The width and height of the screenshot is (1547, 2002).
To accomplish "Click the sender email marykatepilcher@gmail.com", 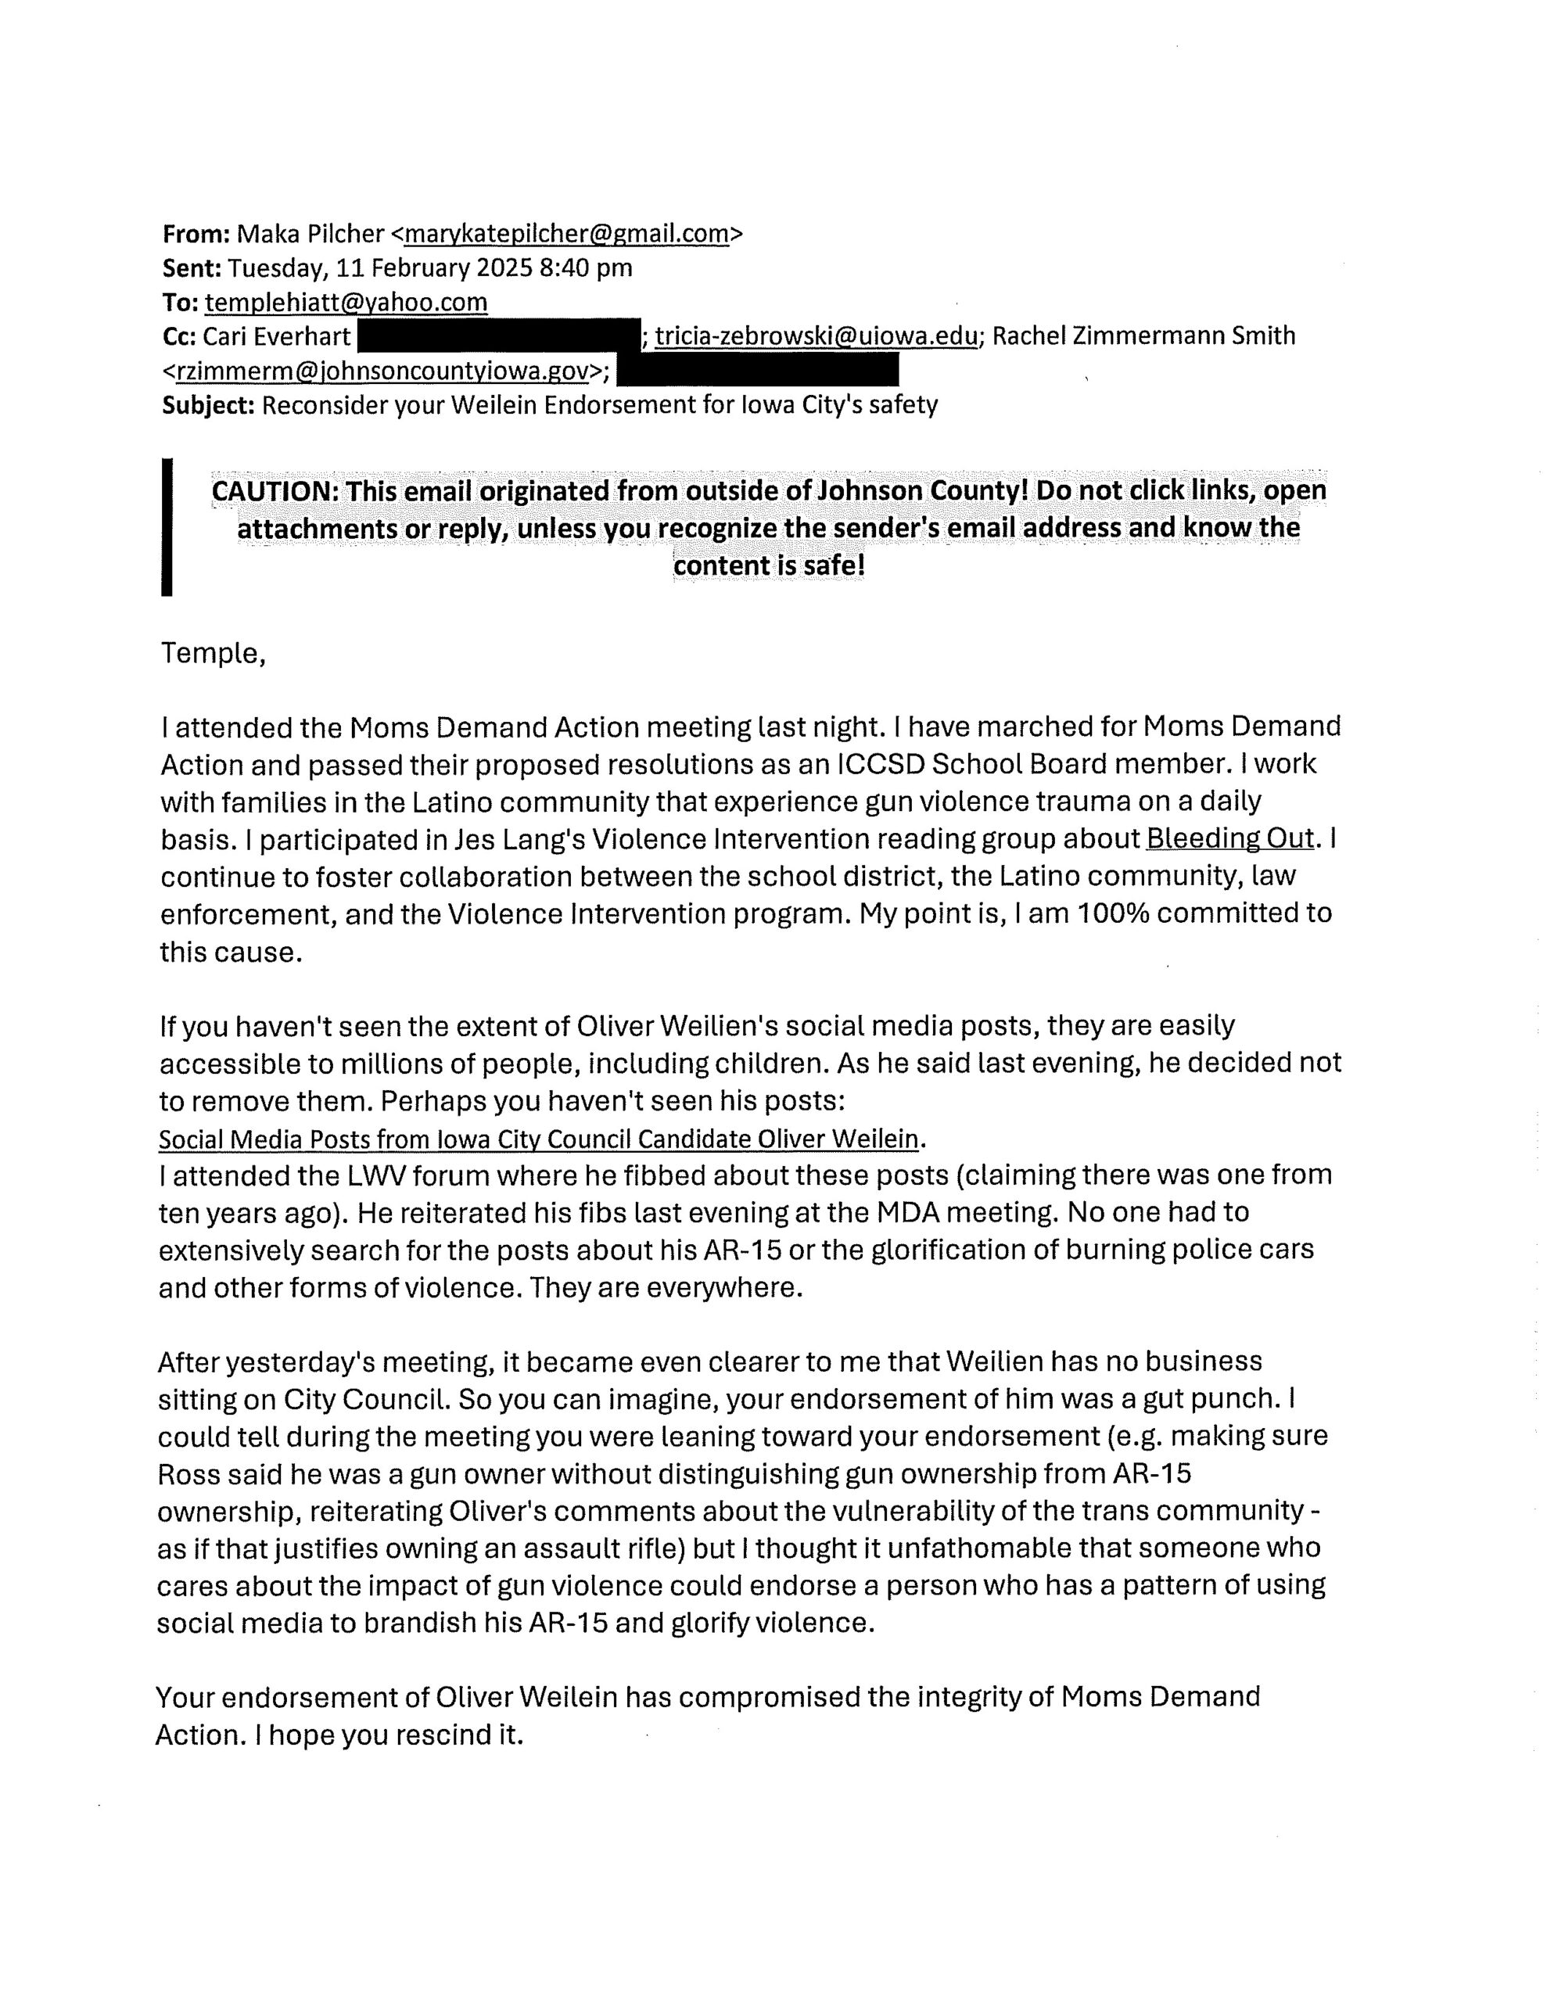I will tap(565, 234).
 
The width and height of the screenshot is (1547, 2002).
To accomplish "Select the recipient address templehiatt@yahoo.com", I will tap(346, 302).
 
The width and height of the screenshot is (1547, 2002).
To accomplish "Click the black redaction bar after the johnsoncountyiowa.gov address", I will tap(756, 371).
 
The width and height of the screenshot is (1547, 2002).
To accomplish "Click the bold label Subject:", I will tap(208, 405).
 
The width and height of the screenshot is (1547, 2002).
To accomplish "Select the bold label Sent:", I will tap(192, 267).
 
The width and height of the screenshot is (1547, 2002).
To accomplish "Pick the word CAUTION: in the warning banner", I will tap(275, 490).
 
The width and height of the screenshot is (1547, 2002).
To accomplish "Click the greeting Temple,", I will tap(213, 654).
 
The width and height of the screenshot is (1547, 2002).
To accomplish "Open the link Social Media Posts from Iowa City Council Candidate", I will tap(538, 1139).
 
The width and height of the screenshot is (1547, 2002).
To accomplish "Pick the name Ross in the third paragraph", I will tap(186, 1473).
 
